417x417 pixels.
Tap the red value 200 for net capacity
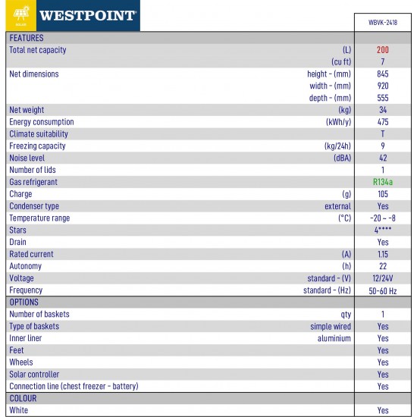(382, 50)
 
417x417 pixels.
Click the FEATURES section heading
(27, 38)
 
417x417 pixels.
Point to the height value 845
(382, 74)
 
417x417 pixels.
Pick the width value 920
(382, 86)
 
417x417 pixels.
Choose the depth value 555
(382, 99)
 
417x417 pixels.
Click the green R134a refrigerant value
(382, 183)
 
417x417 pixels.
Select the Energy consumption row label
(42, 122)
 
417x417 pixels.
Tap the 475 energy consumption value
(382, 122)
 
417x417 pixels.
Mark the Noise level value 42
(382, 158)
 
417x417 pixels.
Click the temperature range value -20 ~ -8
(382, 218)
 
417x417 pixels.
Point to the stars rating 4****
(382, 230)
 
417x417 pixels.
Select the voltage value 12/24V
(382, 278)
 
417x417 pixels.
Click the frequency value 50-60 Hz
(382, 290)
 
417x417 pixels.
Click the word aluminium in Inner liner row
(334, 338)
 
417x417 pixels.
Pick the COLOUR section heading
(23, 398)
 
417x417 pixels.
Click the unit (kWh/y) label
(338, 122)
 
